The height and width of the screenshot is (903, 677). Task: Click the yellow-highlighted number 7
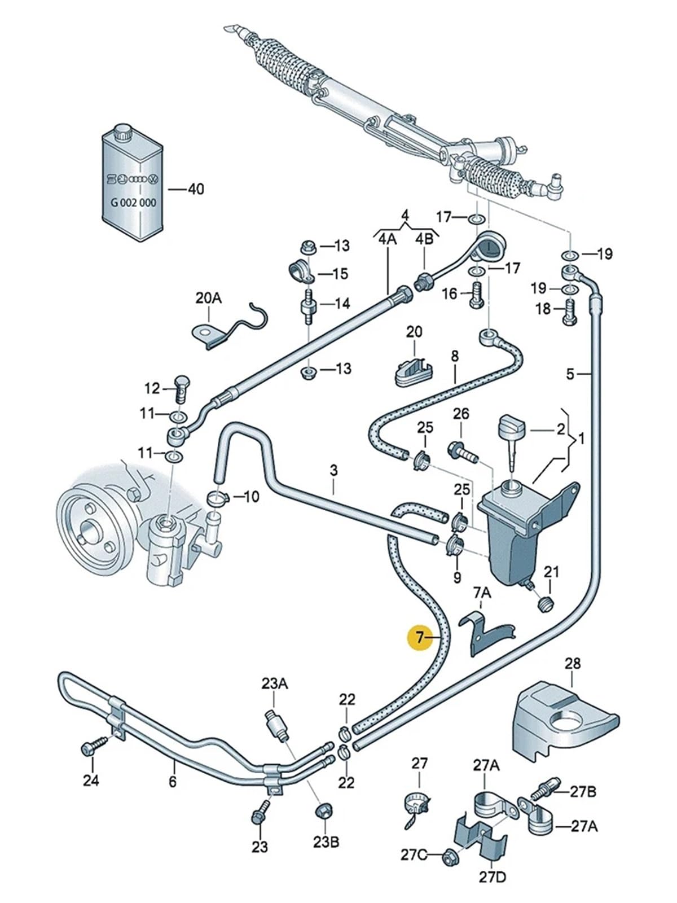[420, 637]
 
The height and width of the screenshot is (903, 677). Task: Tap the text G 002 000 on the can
[133, 203]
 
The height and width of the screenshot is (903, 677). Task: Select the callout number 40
[196, 189]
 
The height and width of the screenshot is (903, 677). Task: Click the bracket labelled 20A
[230, 326]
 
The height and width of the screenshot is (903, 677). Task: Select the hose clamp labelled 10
[217, 498]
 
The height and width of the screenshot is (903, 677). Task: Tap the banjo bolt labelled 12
[181, 388]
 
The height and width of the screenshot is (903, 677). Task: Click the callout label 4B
[424, 239]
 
